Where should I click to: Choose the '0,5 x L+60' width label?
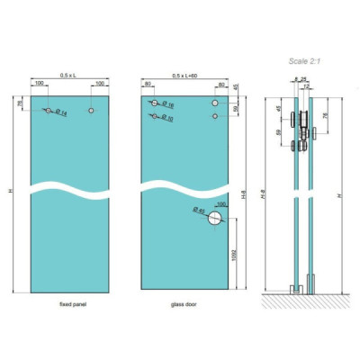(x=185, y=76)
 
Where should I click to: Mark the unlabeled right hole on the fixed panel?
(x=91, y=110)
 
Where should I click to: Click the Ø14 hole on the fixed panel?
(x=49, y=110)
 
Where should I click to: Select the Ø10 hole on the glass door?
(x=155, y=116)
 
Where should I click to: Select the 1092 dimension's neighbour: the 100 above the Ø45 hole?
(x=220, y=204)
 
